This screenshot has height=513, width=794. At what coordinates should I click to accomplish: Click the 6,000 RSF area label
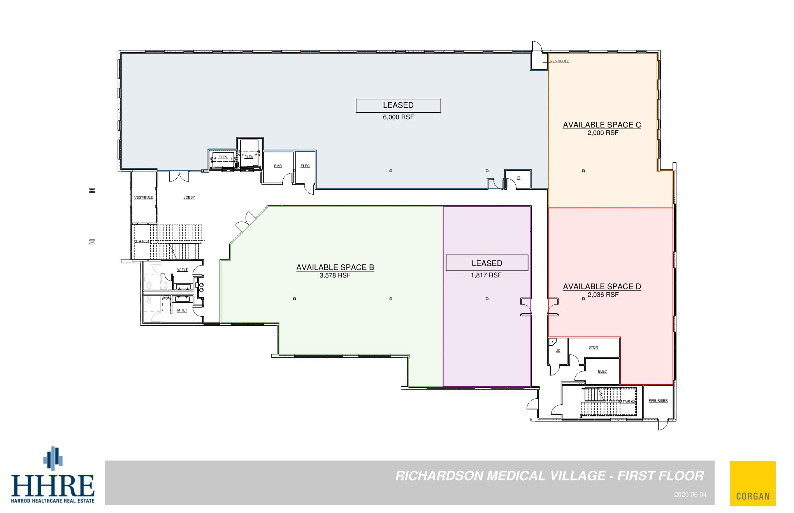pyautogui.click(x=398, y=117)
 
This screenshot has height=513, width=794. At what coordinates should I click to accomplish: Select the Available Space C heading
pyautogui.click(x=602, y=125)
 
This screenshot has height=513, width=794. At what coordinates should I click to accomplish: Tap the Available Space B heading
pyautogui.click(x=335, y=267)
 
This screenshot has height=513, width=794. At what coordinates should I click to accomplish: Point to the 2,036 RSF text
pyautogui.click(x=603, y=295)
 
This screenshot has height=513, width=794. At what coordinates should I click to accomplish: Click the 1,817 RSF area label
pyautogui.click(x=486, y=275)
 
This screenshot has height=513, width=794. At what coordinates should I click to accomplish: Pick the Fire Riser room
pyautogui.click(x=658, y=401)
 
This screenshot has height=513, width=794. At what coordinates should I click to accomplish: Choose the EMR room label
pyautogui.click(x=278, y=166)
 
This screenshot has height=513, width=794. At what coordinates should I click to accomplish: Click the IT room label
pyautogui.click(x=518, y=178)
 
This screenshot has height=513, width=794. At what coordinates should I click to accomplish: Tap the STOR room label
pyautogui.click(x=593, y=347)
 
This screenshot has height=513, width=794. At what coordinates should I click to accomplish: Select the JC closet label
pyautogui.click(x=558, y=351)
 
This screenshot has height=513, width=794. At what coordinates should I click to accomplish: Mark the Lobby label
pyautogui.click(x=189, y=197)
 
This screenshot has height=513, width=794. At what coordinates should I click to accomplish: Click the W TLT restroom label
pyautogui.click(x=182, y=270)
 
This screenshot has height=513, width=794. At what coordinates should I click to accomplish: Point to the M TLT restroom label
pyautogui.click(x=182, y=310)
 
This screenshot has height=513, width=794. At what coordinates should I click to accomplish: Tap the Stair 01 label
pyautogui.click(x=142, y=241)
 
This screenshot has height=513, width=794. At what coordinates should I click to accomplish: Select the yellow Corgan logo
pyautogui.click(x=753, y=483)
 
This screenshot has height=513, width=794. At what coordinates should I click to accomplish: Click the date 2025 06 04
pyautogui.click(x=690, y=495)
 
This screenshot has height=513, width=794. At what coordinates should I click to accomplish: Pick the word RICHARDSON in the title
pyautogui.click(x=439, y=476)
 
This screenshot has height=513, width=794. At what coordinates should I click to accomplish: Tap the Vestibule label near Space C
pyautogui.click(x=559, y=61)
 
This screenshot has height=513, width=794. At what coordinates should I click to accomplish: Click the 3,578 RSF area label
pyautogui.click(x=335, y=275)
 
